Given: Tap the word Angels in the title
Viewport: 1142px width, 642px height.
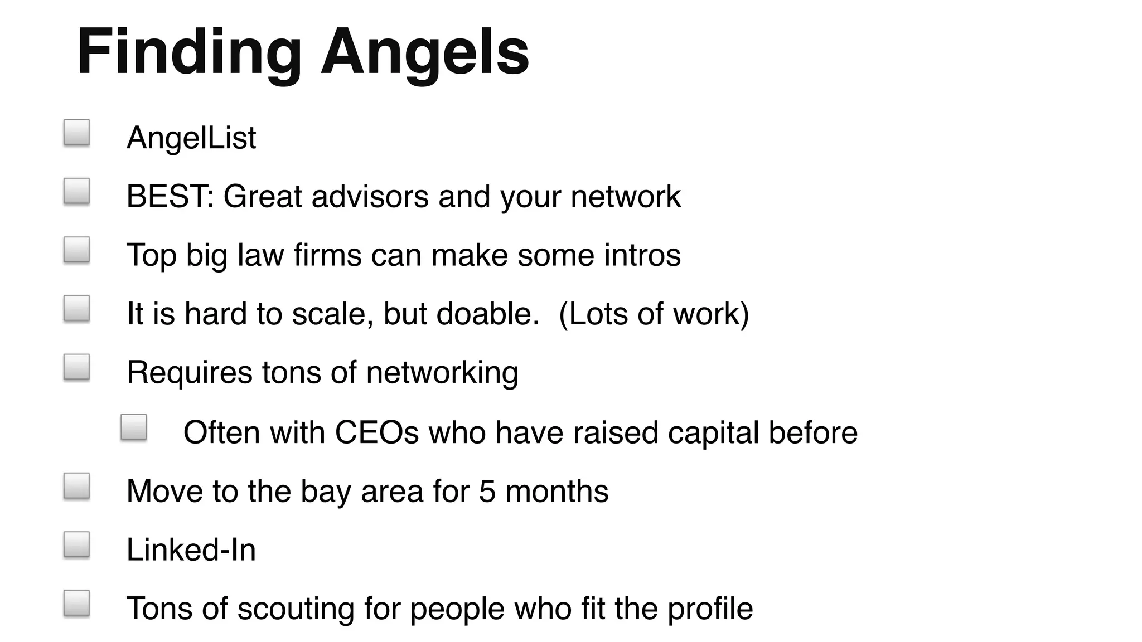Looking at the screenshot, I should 425,53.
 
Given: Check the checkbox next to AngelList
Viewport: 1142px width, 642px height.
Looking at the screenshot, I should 77,133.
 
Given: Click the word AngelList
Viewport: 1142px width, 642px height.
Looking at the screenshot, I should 191,138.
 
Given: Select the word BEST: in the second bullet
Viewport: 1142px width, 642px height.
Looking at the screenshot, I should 170,196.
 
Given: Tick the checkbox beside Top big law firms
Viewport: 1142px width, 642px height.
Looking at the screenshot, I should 77,250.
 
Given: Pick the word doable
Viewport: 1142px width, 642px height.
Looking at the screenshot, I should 487,313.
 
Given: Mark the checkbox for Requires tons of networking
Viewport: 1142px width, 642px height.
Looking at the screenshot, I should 77,367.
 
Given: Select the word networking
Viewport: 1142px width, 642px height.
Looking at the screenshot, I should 442,372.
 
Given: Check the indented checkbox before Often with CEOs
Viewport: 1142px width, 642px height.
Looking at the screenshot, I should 134,427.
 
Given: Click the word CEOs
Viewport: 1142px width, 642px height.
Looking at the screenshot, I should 376,432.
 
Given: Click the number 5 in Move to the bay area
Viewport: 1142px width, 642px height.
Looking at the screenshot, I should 487,491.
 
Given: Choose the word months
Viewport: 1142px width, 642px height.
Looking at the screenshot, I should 557,491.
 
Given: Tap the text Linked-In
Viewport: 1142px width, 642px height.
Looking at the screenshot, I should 191,549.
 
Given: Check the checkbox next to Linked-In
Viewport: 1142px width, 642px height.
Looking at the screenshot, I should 77,544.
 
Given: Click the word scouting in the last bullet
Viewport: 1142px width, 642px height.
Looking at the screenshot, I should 296,608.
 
